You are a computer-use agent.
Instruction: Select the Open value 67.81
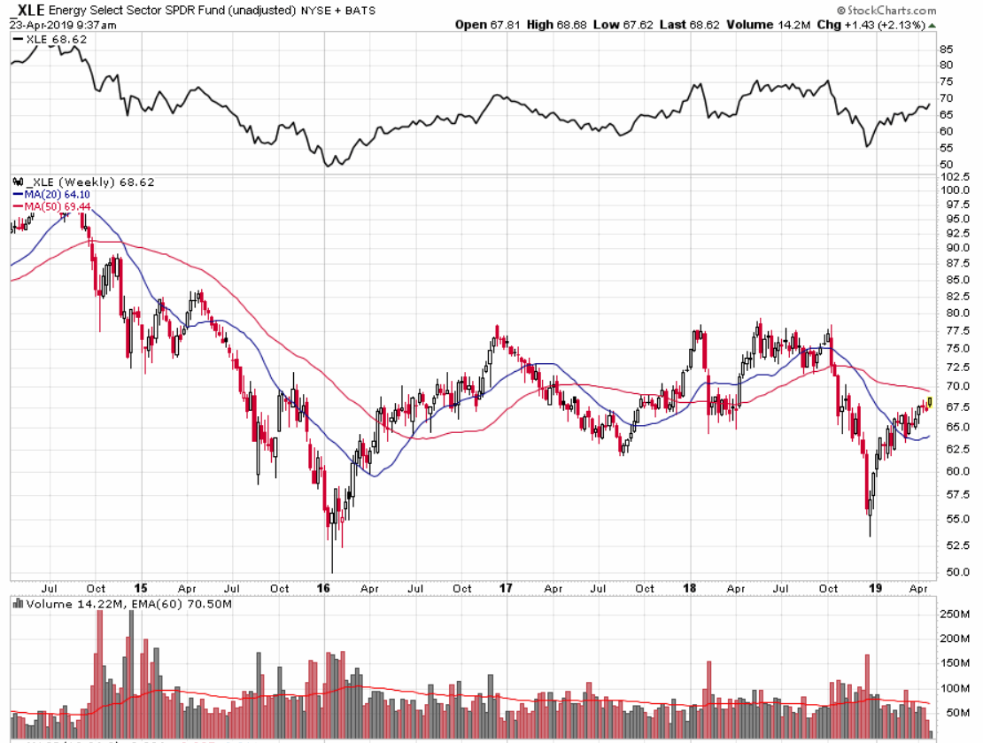(508, 25)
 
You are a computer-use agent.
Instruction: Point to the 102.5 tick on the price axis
(953, 176)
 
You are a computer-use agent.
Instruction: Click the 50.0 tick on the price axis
(951, 572)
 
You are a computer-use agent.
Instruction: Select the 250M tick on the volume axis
(952, 613)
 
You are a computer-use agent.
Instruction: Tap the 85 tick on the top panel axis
(946, 49)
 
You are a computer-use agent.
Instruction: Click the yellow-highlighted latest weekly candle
(929, 403)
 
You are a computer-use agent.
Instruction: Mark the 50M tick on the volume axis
(950, 713)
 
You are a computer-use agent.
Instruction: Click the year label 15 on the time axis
(140, 588)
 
